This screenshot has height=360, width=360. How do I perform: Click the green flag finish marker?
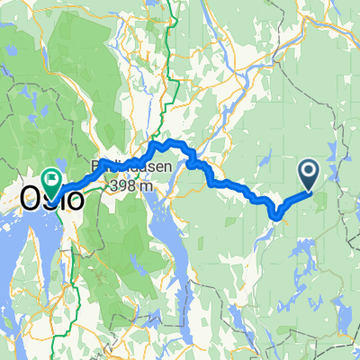click(51, 184)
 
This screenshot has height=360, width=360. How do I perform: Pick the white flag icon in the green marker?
click(51, 179)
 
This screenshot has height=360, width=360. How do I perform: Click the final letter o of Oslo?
click(76, 200)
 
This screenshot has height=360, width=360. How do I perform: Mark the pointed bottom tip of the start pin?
click(308, 189)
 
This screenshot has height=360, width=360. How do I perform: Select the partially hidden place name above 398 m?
click(126, 167)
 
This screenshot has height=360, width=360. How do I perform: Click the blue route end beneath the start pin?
click(308, 191)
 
